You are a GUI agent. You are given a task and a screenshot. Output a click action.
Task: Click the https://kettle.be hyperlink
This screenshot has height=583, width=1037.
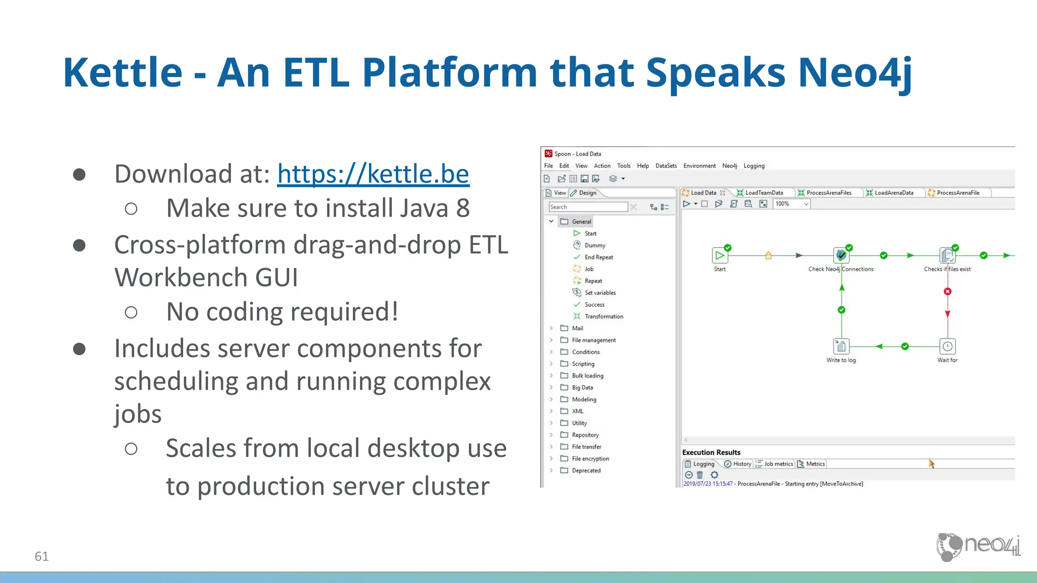coord(373,174)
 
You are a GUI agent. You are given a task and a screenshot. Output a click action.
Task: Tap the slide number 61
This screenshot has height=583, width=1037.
coord(42,556)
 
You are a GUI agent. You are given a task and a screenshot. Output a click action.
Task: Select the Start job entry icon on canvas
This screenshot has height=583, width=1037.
coord(720,256)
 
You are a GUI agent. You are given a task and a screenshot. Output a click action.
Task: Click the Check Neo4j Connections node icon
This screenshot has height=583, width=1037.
coord(841,256)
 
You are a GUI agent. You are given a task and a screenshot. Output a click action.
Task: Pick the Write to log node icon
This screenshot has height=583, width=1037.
coord(841,347)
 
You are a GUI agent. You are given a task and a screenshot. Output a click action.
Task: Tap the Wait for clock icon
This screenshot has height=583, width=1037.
coord(947,347)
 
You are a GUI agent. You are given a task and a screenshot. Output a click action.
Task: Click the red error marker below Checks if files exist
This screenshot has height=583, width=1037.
coord(947,291)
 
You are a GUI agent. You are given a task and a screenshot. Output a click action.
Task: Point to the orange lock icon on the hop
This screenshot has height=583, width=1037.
coord(768,256)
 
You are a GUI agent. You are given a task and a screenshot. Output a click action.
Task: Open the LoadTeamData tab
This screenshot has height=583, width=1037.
coord(764,193)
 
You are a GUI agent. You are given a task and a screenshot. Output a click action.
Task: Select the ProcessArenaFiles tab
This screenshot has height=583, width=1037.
coord(828,193)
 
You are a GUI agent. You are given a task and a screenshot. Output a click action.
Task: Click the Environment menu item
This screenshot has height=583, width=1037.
coord(699,166)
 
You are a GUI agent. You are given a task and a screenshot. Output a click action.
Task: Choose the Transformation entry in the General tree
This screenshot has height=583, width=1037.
coord(604,316)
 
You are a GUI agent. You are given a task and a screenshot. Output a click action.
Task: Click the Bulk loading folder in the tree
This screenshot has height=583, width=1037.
coord(587,376)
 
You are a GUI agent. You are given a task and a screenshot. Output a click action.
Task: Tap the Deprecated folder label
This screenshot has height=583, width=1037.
coord(586,471)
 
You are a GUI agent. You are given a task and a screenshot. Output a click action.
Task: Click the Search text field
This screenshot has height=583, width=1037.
coord(587,207)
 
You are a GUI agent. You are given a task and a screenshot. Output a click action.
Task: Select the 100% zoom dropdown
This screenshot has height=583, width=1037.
coord(791,204)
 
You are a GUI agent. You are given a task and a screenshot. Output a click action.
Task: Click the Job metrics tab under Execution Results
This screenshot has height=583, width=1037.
coord(778,464)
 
